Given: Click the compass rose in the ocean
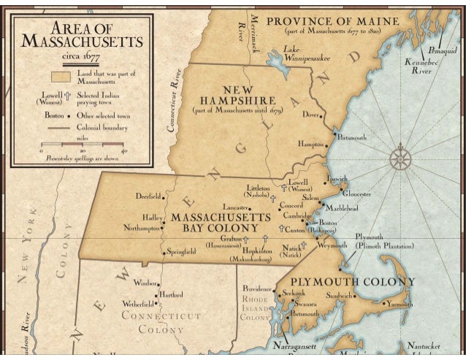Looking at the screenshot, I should (x=401, y=157).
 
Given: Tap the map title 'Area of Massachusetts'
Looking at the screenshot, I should (x=81, y=33).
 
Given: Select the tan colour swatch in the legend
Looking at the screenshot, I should (x=60, y=75).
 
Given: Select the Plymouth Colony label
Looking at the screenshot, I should (x=353, y=282).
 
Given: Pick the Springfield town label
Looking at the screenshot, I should (x=181, y=252).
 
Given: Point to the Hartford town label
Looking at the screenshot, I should (x=171, y=294).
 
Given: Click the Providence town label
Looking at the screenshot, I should (x=257, y=288).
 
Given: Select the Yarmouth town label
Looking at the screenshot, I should (x=400, y=303).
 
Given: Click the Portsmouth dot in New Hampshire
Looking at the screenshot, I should (x=335, y=134).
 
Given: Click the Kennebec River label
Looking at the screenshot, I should (x=421, y=67).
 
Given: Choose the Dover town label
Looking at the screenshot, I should (x=310, y=115).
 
